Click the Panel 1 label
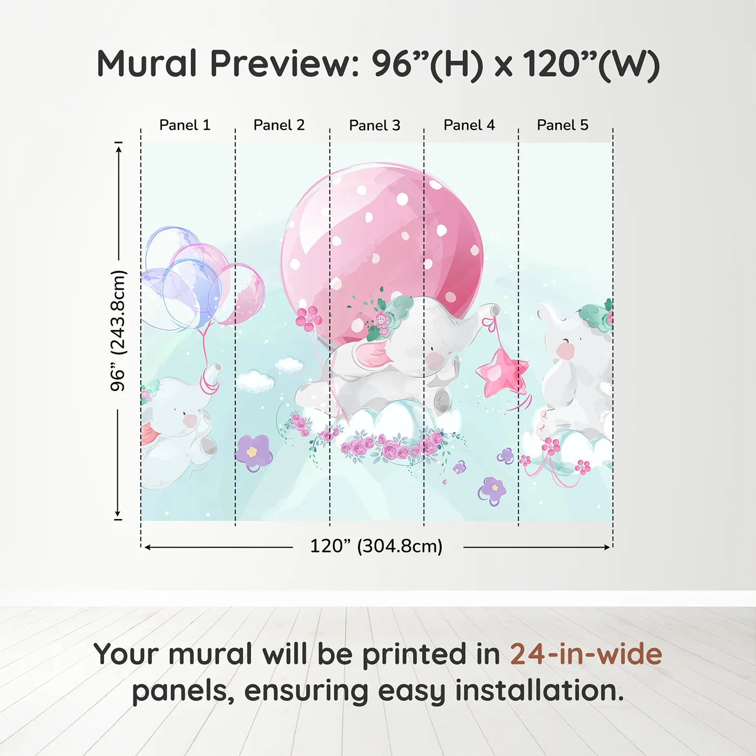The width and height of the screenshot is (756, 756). (185, 125)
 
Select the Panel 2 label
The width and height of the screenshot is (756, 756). (279, 125)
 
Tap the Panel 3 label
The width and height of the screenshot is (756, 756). (375, 125)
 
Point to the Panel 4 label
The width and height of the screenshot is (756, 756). (469, 125)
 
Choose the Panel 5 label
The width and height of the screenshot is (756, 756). (563, 125)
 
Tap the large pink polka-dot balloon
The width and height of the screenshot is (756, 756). (381, 251)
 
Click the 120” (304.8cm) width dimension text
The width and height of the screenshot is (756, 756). (376, 546)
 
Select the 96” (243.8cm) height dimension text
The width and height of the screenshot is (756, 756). (117, 330)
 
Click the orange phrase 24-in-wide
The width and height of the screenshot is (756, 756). (586, 653)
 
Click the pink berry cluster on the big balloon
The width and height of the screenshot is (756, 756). (309, 318)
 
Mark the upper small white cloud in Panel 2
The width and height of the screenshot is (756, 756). (289, 364)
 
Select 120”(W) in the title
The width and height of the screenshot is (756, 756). (592, 64)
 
